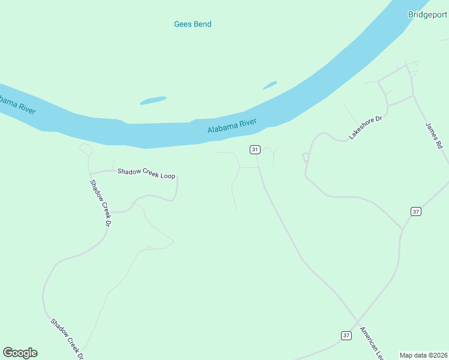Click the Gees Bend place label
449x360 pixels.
(193, 24)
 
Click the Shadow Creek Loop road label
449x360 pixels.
(146, 172)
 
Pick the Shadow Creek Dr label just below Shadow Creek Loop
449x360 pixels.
(101, 203)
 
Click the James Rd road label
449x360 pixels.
(433, 136)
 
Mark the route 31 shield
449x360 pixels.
(255, 149)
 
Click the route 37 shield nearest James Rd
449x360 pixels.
(416, 211)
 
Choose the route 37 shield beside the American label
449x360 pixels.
(346, 335)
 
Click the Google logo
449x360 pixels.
(20, 353)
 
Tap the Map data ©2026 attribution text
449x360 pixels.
(423, 355)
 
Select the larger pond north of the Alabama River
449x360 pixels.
(153, 100)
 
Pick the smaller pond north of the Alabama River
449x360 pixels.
(270, 85)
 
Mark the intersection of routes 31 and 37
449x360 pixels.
(358, 322)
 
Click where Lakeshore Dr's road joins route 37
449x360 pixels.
(402, 229)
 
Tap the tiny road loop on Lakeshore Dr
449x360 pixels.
(305, 158)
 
